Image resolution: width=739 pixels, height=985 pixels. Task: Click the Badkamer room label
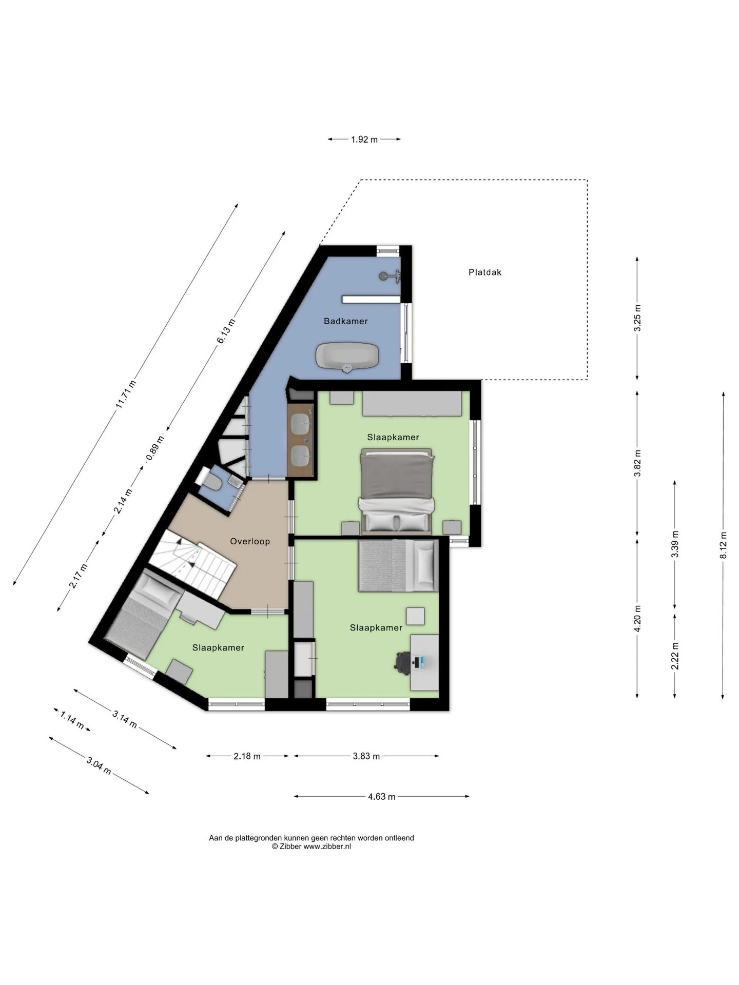click(345, 321)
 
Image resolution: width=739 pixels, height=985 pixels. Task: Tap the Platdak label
click(485, 272)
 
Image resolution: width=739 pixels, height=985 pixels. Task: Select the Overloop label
click(250, 541)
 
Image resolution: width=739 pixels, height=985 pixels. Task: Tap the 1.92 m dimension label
click(364, 139)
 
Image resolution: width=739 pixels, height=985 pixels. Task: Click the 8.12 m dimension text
click(723, 545)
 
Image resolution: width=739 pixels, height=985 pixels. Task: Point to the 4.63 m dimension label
click(382, 797)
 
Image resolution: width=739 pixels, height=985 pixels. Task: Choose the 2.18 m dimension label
click(247, 756)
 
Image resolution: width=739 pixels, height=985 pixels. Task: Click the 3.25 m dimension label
click(637, 318)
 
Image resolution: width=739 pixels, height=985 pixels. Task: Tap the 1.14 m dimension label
click(72, 719)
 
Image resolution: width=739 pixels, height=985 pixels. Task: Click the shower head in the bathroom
click(390, 275)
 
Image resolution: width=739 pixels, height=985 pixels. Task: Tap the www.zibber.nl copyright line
click(312, 846)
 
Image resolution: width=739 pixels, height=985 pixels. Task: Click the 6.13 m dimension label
click(226, 331)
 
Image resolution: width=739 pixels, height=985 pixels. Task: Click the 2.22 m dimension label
click(675, 656)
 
